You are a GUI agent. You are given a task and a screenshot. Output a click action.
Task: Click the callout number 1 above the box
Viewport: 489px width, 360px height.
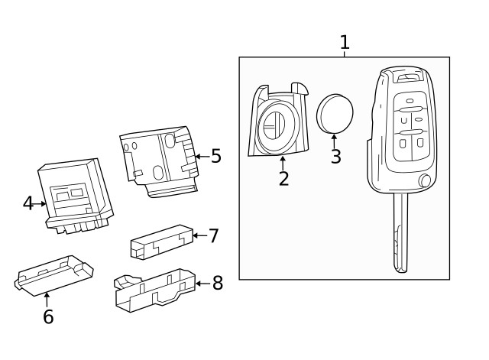click(x=345, y=42)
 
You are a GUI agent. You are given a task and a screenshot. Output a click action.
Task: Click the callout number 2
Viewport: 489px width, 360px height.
click(x=283, y=180)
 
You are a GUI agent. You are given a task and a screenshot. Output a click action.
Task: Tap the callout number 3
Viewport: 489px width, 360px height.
click(x=335, y=157)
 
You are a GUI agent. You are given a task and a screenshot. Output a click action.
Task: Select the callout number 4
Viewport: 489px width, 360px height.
click(x=28, y=203)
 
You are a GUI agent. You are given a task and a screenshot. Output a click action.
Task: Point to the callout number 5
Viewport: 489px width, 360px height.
click(x=216, y=157)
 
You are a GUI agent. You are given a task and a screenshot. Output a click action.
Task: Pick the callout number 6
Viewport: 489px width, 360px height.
click(x=48, y=317)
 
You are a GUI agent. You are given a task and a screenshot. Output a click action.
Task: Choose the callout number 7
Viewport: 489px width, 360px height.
click(x=214, y=236)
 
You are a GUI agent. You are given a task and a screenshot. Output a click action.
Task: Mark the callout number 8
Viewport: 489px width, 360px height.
click(x=218, y=284)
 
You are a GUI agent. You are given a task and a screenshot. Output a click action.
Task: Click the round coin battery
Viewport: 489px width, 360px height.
click(x=335, y=113)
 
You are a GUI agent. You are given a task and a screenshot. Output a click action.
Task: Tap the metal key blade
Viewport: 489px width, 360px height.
click(x=401, y=233)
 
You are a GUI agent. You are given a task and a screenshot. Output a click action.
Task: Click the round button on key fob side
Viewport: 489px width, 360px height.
click(x=425, y=180)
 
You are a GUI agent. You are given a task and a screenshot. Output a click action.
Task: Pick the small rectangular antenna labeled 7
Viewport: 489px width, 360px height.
click(x=160, y=242)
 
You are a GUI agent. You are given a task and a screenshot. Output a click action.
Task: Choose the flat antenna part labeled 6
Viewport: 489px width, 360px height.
click(x=53, y=275)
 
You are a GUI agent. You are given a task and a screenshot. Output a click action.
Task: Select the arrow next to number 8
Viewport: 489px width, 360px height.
click(x=202, y=284)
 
